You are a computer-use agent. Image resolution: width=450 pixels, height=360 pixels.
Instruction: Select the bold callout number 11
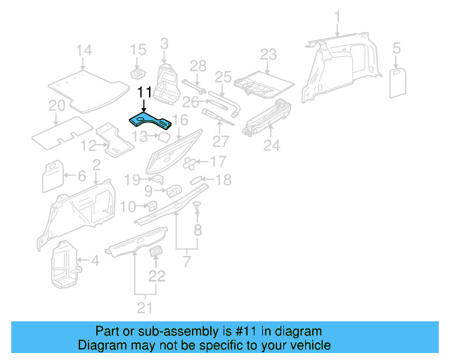tap(144, 92)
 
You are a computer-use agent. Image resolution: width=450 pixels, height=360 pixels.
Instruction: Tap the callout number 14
tap(84, 50)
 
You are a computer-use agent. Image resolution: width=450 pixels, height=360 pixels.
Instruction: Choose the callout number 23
tap(269, 54)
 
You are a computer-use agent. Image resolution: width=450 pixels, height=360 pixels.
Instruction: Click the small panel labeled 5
tap(398, 81)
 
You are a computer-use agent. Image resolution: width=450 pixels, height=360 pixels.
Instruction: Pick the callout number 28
tap(198, 66)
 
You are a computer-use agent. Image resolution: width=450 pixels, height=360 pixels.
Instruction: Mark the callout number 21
tap(144, 307)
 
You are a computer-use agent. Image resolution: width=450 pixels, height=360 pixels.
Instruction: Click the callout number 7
tap(187, 262)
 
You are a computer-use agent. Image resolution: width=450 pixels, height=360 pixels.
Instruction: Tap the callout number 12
tap(88, 146)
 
